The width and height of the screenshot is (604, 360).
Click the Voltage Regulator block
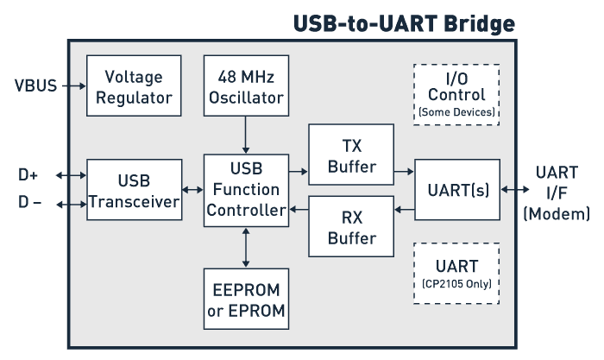[x=134, y=86]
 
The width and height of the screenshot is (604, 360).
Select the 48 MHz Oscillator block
[x=246, y=86]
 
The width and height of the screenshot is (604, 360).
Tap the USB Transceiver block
[x=134, y=190]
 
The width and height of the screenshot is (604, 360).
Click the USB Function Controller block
[x=246, y=190]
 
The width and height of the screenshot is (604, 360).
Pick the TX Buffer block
[x=351, y=155]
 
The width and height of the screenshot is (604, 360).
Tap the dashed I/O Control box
[x=456, y=94]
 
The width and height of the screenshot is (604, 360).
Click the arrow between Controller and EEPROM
[x=246, y=248]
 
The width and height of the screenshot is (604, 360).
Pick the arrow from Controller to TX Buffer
[x=299, y=171]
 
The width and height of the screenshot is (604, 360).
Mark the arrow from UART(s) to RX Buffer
[x=404, y=207]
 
